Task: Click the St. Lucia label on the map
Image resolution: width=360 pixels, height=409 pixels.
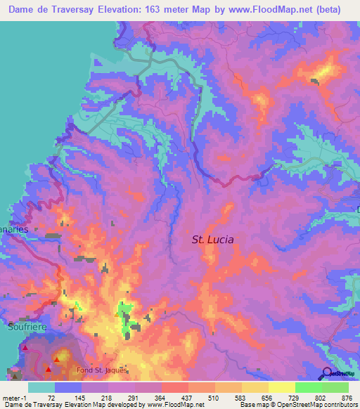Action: pyautogui.click(x=212, y=240)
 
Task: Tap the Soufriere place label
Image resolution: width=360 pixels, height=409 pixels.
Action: pyautogui.click(x=25, y=326)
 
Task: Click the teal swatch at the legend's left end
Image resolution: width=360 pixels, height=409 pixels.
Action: pyautogui.click(x=41, y=387)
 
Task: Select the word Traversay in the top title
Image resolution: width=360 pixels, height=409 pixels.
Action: pyautogui.click(x=79, y=10)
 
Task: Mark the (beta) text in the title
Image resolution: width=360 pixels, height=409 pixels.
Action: pyautogui.click(x=327, y=10)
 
